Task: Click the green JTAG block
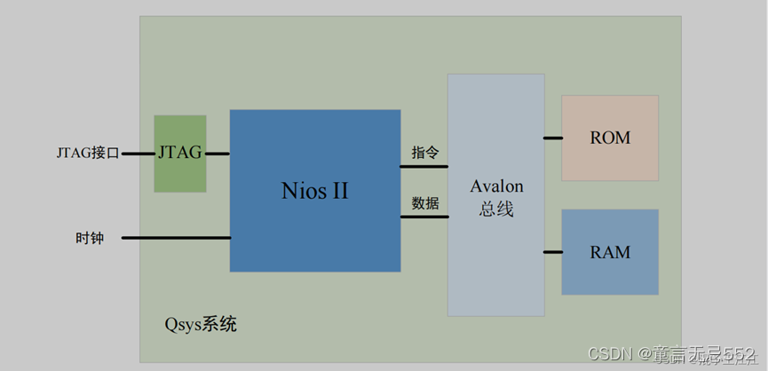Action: point(179,154)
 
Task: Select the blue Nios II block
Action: point(314,190)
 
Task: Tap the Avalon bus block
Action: point(495,195)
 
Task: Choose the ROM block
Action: point(610,138)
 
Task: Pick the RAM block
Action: point(610,252)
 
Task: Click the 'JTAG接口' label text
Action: point(87,153)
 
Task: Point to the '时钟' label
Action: point(90,238)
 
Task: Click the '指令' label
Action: point(424,152)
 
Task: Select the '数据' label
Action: point(424,202)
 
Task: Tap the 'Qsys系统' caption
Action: point(201,324)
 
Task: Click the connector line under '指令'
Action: point(424,166)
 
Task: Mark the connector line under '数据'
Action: point(424,217)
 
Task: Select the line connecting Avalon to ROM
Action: point(553,138)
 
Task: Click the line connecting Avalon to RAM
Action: point(553,252)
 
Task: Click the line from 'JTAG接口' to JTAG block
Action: point(138,154)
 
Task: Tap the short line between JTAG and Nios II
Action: point(218,154)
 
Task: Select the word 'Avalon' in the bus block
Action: point(496,186)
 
